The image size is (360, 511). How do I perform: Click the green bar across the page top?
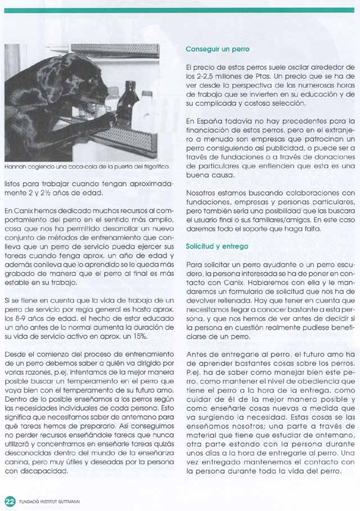coord(180,10)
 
